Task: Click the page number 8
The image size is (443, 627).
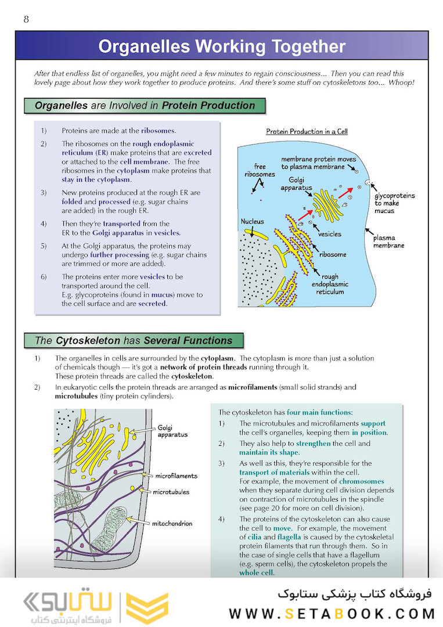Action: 26,20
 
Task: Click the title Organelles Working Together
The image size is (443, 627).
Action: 221,46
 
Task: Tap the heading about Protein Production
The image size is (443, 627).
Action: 145,106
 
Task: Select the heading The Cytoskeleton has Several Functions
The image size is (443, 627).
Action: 134,341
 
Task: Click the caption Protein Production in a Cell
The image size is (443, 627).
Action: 307,132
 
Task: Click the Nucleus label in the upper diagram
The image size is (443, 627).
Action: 253,222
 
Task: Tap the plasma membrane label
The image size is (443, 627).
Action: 388,242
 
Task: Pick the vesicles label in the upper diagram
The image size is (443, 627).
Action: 330,235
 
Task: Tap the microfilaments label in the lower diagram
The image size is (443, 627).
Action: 177,475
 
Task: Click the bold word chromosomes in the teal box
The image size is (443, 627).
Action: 361,481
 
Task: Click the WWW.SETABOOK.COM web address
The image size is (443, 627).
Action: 332,614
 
